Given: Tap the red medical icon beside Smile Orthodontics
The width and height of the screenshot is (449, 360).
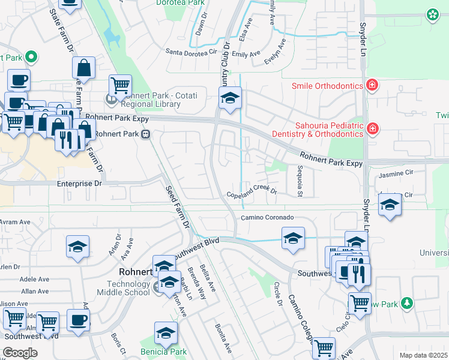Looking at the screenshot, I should tap(372, 85).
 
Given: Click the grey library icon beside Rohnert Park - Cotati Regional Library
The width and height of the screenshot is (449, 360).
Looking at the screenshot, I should tap(111, 99).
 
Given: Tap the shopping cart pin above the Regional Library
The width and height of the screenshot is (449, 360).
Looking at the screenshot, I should tap(120, 86).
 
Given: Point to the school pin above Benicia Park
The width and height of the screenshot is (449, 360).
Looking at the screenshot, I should tap(166, 333).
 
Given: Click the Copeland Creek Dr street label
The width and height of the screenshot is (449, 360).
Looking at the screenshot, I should tap(252, 193).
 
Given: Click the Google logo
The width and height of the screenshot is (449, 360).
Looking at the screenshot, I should tap(20, 352).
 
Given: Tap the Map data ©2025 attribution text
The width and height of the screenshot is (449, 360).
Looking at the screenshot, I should tap(423, 355).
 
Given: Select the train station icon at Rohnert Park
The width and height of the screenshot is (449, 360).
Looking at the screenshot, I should tap(145, 134).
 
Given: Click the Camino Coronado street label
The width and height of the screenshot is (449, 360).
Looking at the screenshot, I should tap(267, 217).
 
